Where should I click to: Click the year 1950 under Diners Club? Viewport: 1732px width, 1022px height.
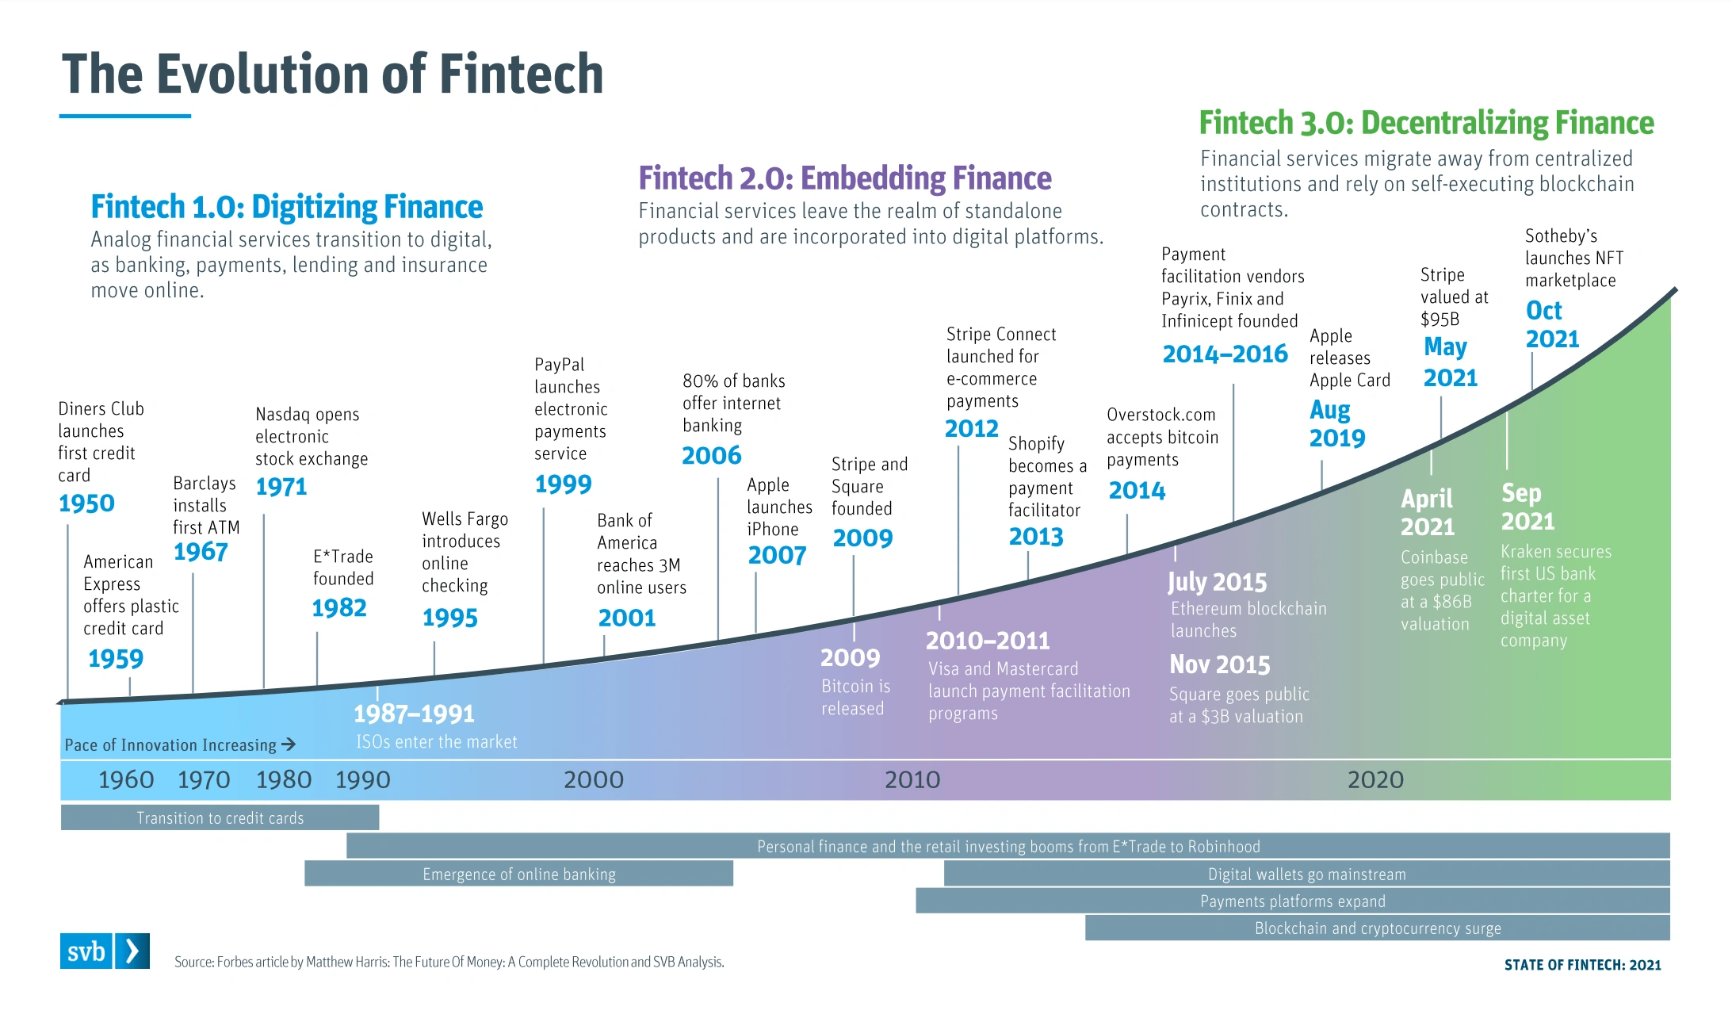86,503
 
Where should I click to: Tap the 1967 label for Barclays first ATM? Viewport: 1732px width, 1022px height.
201,552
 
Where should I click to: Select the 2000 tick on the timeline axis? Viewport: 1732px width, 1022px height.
594,780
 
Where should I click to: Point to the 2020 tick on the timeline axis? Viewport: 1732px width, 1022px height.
1375,780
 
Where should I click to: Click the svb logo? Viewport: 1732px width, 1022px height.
105,951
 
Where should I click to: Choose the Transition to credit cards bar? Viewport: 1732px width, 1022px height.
220,817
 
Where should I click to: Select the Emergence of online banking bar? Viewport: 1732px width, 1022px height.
518,874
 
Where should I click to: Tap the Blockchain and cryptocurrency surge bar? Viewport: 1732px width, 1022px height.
1378,928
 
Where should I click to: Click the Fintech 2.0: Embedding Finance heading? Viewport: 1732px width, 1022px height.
845,178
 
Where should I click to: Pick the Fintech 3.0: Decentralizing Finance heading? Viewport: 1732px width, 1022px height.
1426,123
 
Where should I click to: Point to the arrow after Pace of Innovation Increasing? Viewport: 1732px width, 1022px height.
289,744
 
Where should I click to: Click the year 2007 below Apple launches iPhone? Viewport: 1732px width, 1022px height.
777,556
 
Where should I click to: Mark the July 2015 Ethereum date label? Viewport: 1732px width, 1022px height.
1217,582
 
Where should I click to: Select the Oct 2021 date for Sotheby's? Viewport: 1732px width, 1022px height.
1552,324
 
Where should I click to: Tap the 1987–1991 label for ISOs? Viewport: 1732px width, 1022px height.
414,714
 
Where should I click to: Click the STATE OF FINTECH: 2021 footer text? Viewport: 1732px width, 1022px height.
1582,965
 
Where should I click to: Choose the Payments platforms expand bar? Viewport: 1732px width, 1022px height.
1293,901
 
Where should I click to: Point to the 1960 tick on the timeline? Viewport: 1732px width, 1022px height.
126,780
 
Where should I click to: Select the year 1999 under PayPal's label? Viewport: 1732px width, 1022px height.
563,484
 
